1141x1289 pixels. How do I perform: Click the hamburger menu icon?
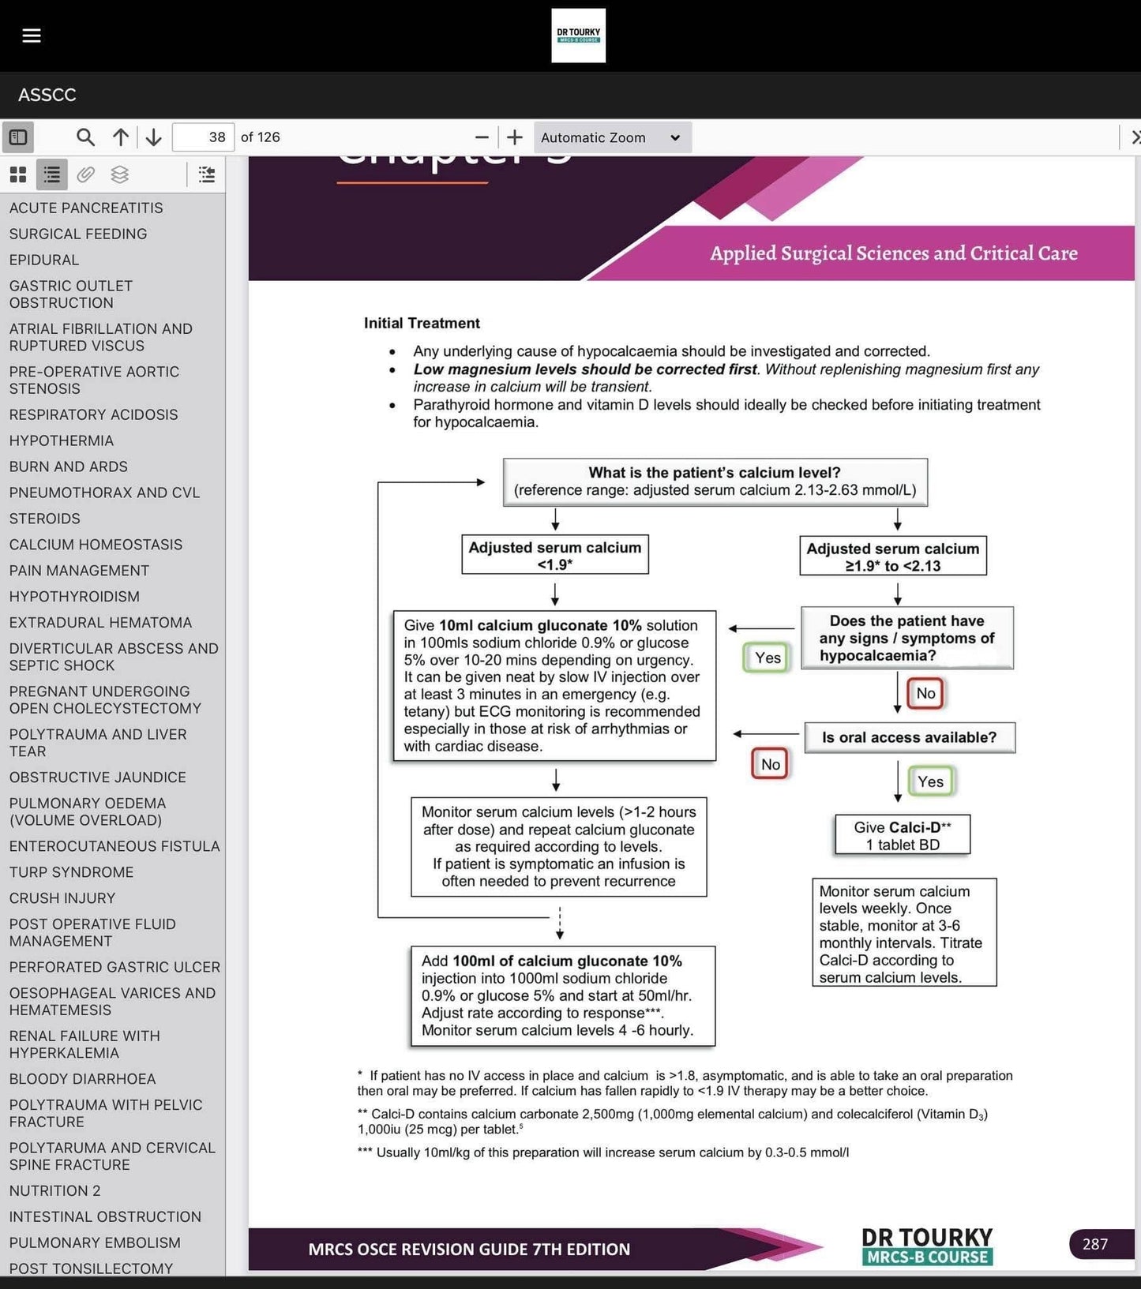(x=32, y=36)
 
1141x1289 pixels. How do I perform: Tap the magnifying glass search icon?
(x=85, y=137)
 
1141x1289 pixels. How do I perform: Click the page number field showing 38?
(x=203, y=137)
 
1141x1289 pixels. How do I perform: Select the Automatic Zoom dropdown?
(x=612, y=137)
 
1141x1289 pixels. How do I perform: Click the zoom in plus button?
(x=515, y=137)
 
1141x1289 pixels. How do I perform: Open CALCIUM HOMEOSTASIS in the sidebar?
(x=96, y=545)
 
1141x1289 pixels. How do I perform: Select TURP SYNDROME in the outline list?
(x=71, y=872)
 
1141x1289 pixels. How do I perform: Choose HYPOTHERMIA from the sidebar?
(x=62, y=440)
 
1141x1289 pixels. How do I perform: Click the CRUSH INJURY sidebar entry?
(x=62, y=898)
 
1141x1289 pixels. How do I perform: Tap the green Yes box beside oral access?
(x=930, y=781)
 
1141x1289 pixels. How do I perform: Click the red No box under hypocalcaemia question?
(x=925, y=693)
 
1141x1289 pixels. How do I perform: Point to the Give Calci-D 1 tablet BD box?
(x=903, y=835)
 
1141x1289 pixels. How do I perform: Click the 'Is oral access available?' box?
(x=909, y=737)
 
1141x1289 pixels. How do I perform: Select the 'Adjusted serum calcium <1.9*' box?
(x=554, y=556)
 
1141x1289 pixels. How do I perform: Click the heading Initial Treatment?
(x=422, y=323)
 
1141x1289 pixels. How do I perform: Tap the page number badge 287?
(x=1094, y=1244)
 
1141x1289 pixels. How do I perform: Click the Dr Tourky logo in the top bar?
(x=578, y=36)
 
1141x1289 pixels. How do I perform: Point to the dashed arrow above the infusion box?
(x=560, y=922)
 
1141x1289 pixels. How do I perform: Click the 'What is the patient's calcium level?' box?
(x=715, y=482)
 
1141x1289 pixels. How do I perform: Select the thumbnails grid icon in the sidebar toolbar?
(x=18, y=174)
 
